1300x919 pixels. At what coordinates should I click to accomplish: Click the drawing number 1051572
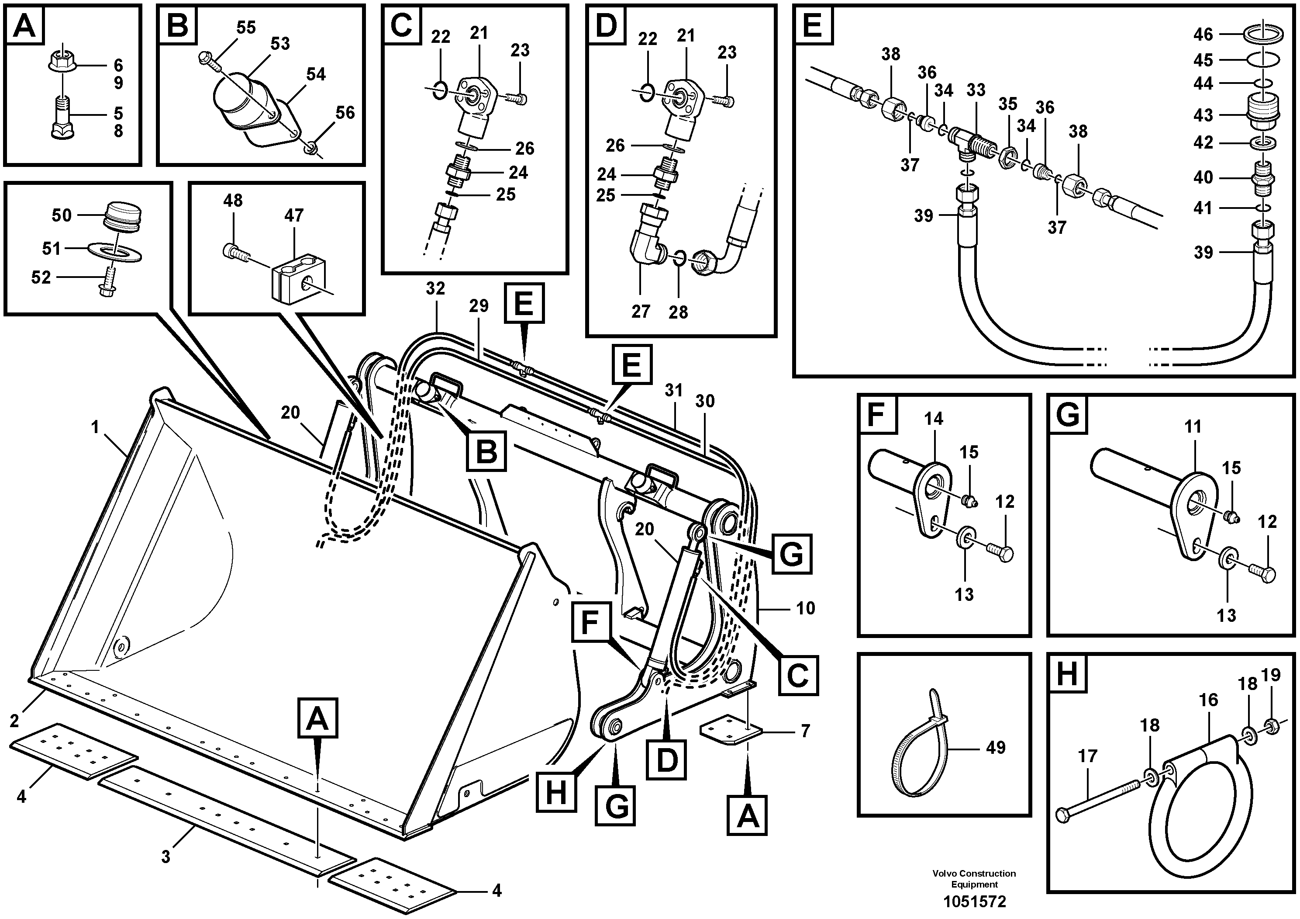[974, 902]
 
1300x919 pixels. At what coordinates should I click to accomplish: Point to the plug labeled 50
[122, 216]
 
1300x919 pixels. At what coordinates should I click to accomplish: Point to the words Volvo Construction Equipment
[974, 879]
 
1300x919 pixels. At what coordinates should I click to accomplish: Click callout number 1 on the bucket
[95, 427]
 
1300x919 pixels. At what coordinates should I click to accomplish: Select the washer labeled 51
[115, 249]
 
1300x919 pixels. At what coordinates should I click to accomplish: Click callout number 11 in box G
[1193, 427]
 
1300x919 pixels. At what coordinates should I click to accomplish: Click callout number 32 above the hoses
[435, 289]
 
